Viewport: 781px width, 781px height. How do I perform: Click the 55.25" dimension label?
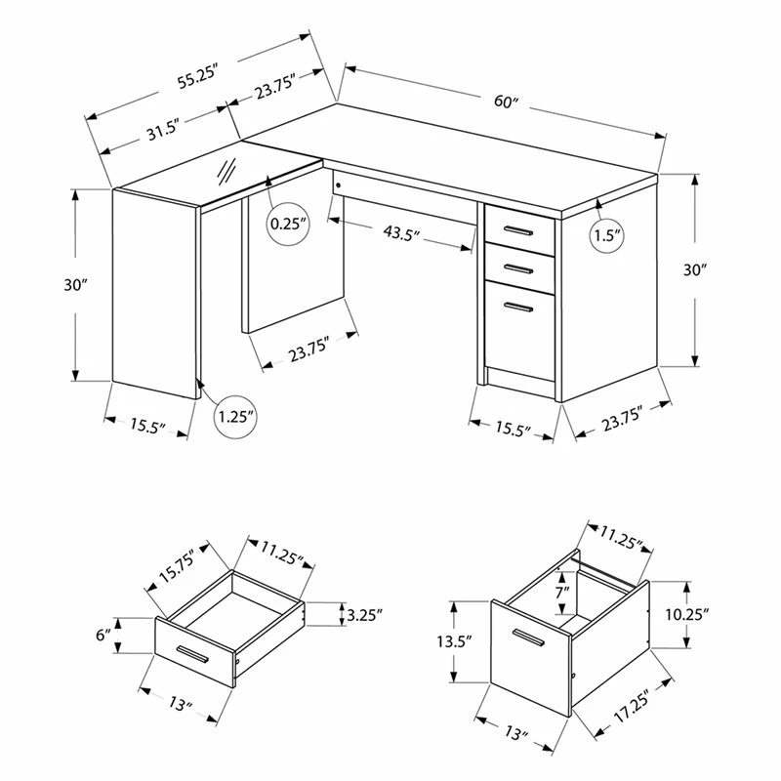coord(198,76)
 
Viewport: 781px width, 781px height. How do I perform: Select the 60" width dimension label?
coord(507,102)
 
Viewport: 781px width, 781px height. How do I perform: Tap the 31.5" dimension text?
coord(163,131)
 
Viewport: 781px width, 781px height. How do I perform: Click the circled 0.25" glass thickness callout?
coord(288,224)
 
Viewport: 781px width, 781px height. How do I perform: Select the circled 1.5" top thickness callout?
coord(606,235)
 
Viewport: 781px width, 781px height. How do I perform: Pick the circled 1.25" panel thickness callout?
coord(235,416)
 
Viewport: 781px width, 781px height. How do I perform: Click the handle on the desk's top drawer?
coord(518,230)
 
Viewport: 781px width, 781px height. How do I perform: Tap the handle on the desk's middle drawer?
coord(518,269)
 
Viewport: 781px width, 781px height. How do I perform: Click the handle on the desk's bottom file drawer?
coord(518,307)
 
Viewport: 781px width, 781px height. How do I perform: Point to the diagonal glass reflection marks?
coord(226,173)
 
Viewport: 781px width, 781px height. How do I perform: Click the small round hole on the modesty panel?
coord(338,185)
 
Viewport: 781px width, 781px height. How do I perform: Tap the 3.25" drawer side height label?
coord(364,615)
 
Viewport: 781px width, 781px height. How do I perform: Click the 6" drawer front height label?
coord(103,636)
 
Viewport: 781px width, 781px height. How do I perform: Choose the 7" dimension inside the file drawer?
coord(562,593)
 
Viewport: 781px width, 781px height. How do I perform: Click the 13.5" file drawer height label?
coord(454,641)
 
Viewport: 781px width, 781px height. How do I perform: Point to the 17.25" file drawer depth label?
coord(631,706)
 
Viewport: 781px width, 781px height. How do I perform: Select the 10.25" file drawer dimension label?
coord(687,615)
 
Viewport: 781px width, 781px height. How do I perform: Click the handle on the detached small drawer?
coord(191,655)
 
